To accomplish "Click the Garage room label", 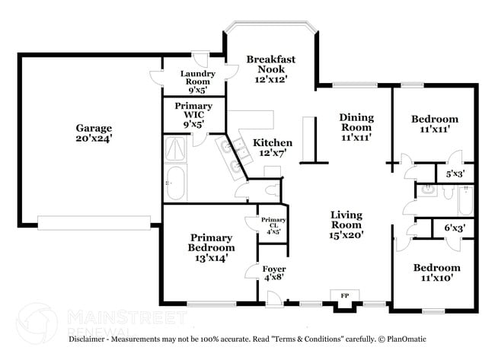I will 94,134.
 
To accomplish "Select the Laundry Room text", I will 197,79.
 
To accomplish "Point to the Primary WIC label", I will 193,114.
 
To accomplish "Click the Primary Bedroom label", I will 212,247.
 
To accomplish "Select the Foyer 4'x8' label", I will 274,274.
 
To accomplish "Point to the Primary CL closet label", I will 272,225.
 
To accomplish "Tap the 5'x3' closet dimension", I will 455,174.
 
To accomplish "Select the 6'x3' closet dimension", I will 455,228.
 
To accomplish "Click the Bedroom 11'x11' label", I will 435,124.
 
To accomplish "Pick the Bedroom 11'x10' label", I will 436,272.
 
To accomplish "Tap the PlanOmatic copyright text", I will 407,339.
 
